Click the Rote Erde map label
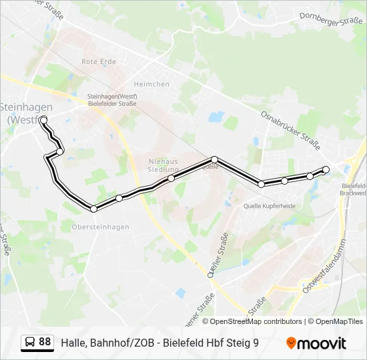[x=99, y=61]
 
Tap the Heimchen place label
[x=151, y=84]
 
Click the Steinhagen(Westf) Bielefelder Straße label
[x=112, y=100]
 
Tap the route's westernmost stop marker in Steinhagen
[x=43, y=120]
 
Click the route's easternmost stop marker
[x=326, y=169]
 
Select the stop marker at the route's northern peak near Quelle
[x=214, y=159]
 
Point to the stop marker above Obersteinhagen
[x=93, y=209]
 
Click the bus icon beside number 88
[x=30, y=343]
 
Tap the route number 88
[x=45, y=342]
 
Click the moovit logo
[x=316, y=343]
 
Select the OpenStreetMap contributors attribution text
[x=256, y=321]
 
